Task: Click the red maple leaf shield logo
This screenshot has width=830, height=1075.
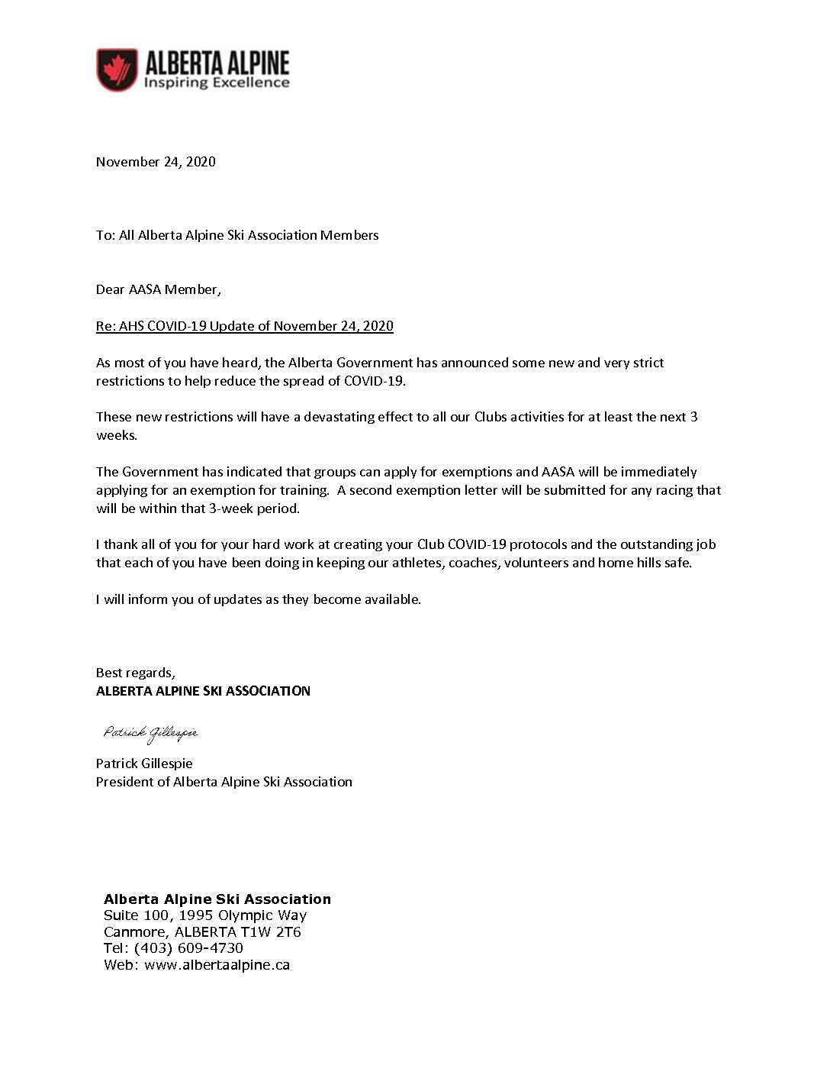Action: coord(117,69)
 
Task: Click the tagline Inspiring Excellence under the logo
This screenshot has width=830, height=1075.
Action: coord(217,82)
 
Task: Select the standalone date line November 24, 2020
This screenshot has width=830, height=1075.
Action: coord(156,162)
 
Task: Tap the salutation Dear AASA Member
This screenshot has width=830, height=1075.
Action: coord(158,289)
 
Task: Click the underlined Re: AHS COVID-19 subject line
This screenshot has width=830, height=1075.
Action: coord(244,326)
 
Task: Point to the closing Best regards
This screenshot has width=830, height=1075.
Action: coord(135,673)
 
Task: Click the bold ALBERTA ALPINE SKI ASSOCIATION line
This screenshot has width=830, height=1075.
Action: coord(203,691)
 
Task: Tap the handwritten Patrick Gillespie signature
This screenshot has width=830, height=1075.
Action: coord(150,733)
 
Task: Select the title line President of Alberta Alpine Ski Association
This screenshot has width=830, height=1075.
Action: coord(224,782)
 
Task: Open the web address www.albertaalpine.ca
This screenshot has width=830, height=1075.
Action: coord(217,965)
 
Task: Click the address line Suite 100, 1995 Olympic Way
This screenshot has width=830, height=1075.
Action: coord(204,915)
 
